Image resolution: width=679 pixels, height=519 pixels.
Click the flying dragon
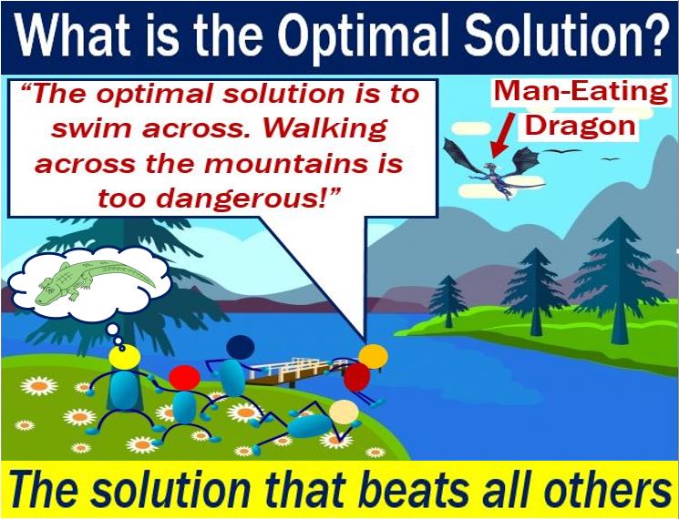(494, 168)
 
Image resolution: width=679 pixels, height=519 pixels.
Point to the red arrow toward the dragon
(503, 135)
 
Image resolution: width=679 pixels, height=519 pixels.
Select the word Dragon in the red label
(581, 126)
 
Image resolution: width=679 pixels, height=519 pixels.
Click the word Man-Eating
(581, 92)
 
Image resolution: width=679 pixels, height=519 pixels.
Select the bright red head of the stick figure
(184, 378)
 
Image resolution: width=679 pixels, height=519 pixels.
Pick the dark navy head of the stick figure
(241, 347)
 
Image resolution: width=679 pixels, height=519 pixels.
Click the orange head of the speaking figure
(374, 356)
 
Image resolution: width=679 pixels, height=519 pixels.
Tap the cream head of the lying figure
(344, 412)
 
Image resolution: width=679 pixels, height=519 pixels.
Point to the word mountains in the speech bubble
(297, 164)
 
